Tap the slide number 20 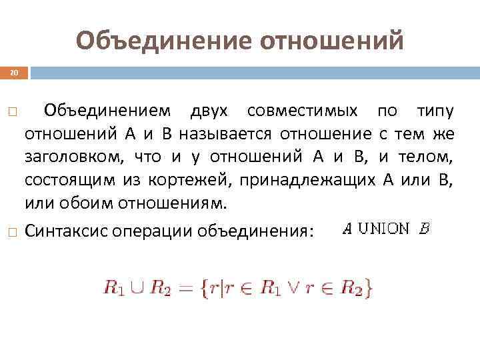click(x=13, y=72)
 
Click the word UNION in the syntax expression click(x=384, y=229)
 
